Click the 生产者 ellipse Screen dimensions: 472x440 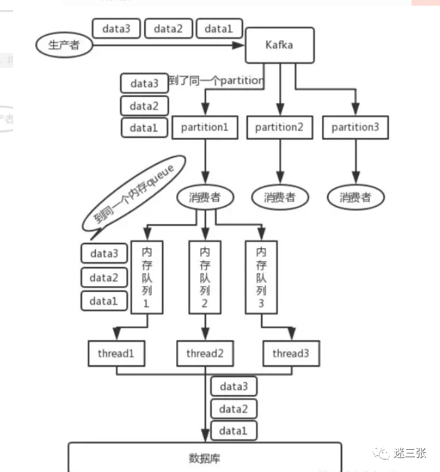(64, 45)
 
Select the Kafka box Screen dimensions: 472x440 (279, 44)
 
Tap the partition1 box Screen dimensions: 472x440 (205, 127)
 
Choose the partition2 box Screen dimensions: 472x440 (279, 127)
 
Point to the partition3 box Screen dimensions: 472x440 (355, 127)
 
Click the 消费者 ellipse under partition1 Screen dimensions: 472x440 (204, 197)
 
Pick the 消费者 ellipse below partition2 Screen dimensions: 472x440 (279, 197)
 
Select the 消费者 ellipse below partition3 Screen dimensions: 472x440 (355, 197)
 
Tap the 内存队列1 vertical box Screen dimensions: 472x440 (146, 276)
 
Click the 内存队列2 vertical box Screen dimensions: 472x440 (205, 276)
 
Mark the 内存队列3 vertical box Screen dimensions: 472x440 (261, 276)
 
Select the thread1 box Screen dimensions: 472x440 (116, 353)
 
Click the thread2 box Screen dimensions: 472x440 (205, 353)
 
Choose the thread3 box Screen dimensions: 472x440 (291, 353)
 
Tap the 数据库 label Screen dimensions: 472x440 (204, 458)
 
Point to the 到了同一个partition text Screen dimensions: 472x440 (216, 80)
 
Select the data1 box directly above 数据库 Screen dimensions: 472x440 (234, 431)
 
